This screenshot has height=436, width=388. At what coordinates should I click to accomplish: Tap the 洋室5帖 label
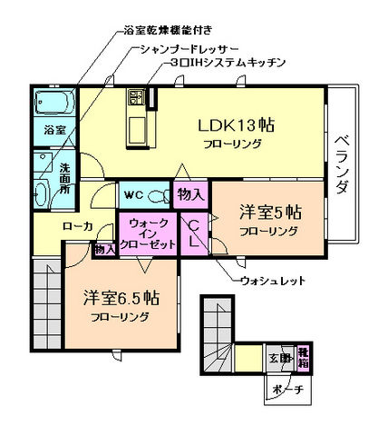coord(269,213)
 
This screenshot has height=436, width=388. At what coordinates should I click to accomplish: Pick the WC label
coord(134,194)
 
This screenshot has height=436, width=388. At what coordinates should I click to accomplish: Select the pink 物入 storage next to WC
coord(190,193)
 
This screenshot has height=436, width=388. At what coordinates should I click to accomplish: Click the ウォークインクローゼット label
coord(147,233)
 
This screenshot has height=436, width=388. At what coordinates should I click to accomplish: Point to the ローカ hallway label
coord(77,227)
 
